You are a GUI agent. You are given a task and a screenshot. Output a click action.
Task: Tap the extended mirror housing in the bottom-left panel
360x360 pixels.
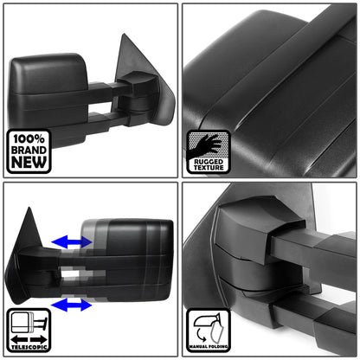pyautogui.click(x=130, y=260)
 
